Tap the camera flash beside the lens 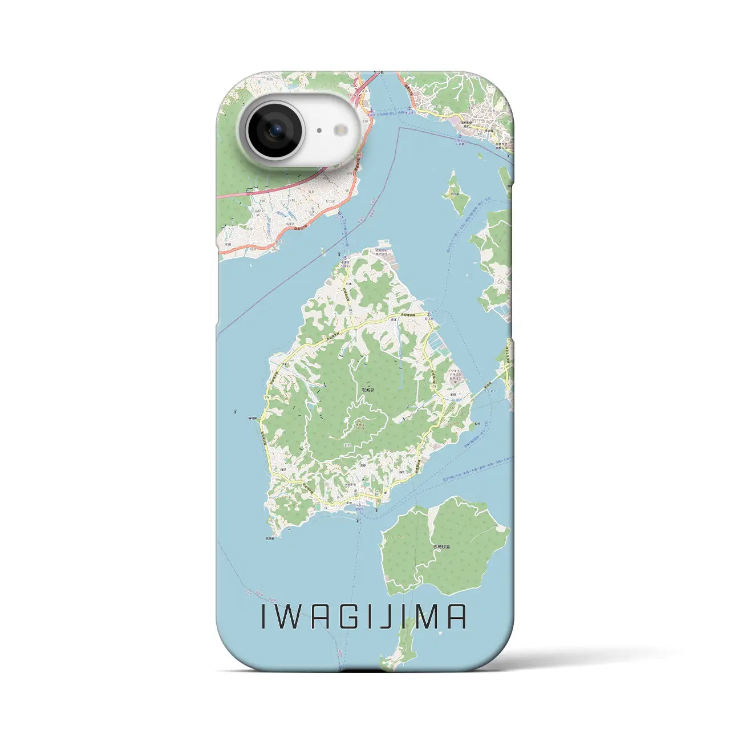point(342,130)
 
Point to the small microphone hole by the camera point(319,131)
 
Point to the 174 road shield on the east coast point(435,387)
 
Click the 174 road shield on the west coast point(266,398)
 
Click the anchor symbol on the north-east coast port point(432,313)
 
